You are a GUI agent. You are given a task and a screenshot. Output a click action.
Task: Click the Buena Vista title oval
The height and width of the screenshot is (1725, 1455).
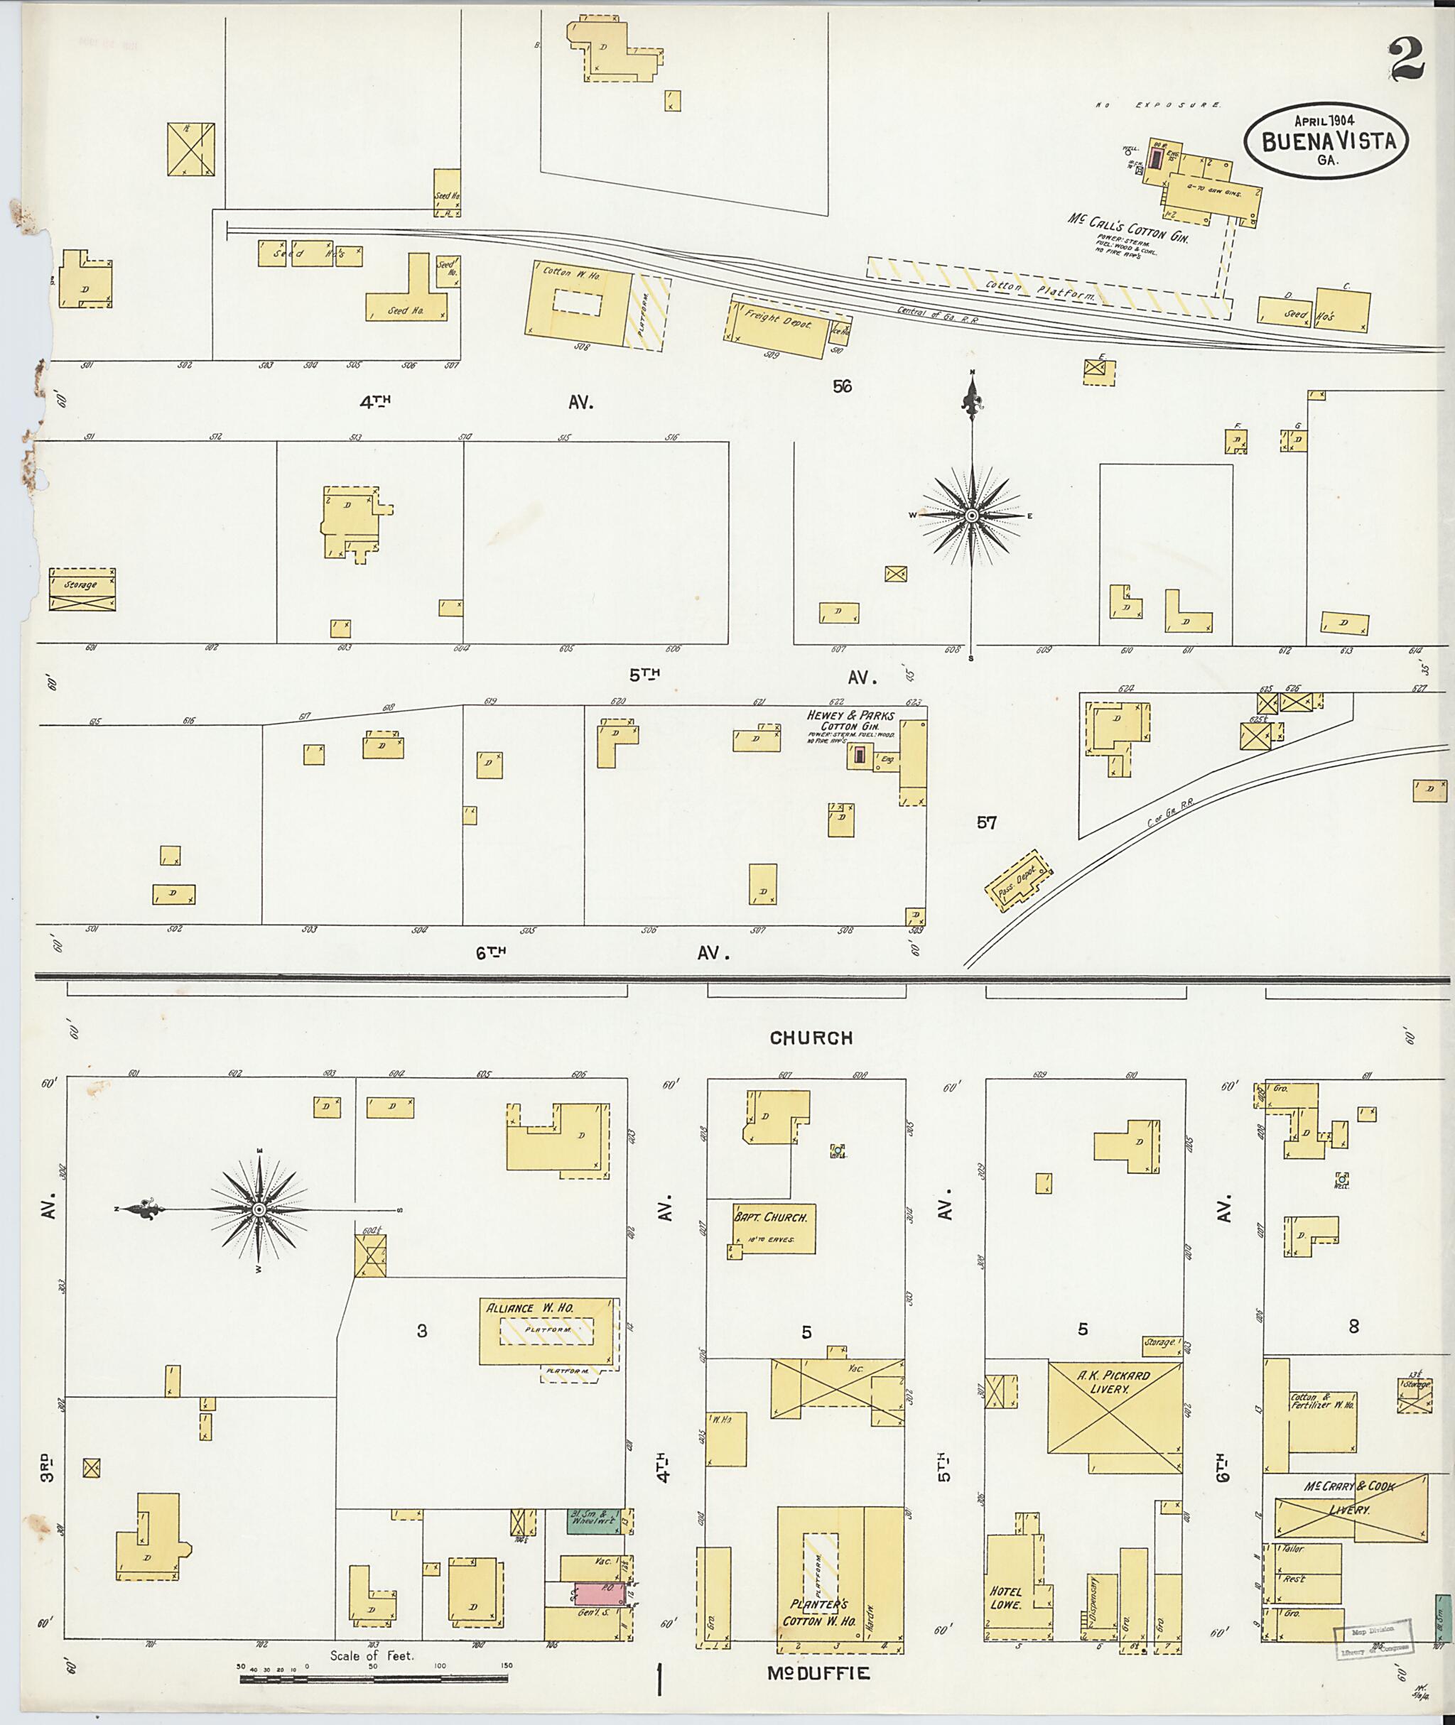pos(1326,141)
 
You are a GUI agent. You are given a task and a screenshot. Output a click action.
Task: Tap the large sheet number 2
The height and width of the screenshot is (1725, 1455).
pos(1407,60)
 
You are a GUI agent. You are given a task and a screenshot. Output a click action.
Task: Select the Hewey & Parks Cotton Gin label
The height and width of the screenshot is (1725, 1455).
pos(850,721)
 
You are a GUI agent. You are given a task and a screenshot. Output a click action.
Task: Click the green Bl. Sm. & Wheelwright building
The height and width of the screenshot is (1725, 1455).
pos(593,1520)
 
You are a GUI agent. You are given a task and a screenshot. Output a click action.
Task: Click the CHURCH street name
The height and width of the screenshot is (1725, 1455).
pos(811,1038)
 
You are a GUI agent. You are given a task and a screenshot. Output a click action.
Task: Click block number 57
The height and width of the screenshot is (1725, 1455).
pos(987,822)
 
